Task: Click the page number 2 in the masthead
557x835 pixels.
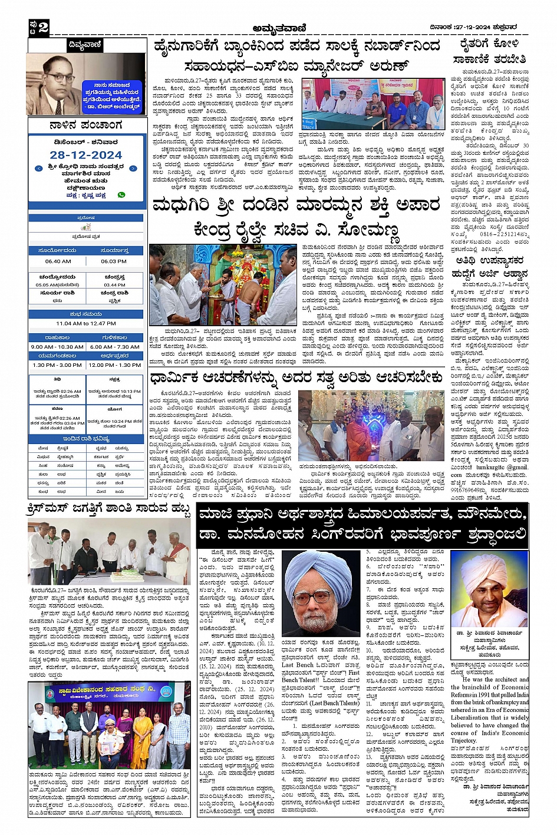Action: (43, 27)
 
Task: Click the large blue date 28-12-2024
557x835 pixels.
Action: (86, 155)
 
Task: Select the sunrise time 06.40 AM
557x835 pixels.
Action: (58, 261)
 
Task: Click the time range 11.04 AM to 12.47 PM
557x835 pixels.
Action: (86, 323)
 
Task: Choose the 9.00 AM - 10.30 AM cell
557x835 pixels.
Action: (58, 347)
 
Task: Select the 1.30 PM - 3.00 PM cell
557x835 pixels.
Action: (58, 365)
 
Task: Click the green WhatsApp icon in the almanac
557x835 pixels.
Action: (121, 194)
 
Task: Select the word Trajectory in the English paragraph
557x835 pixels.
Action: (465, 740)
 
